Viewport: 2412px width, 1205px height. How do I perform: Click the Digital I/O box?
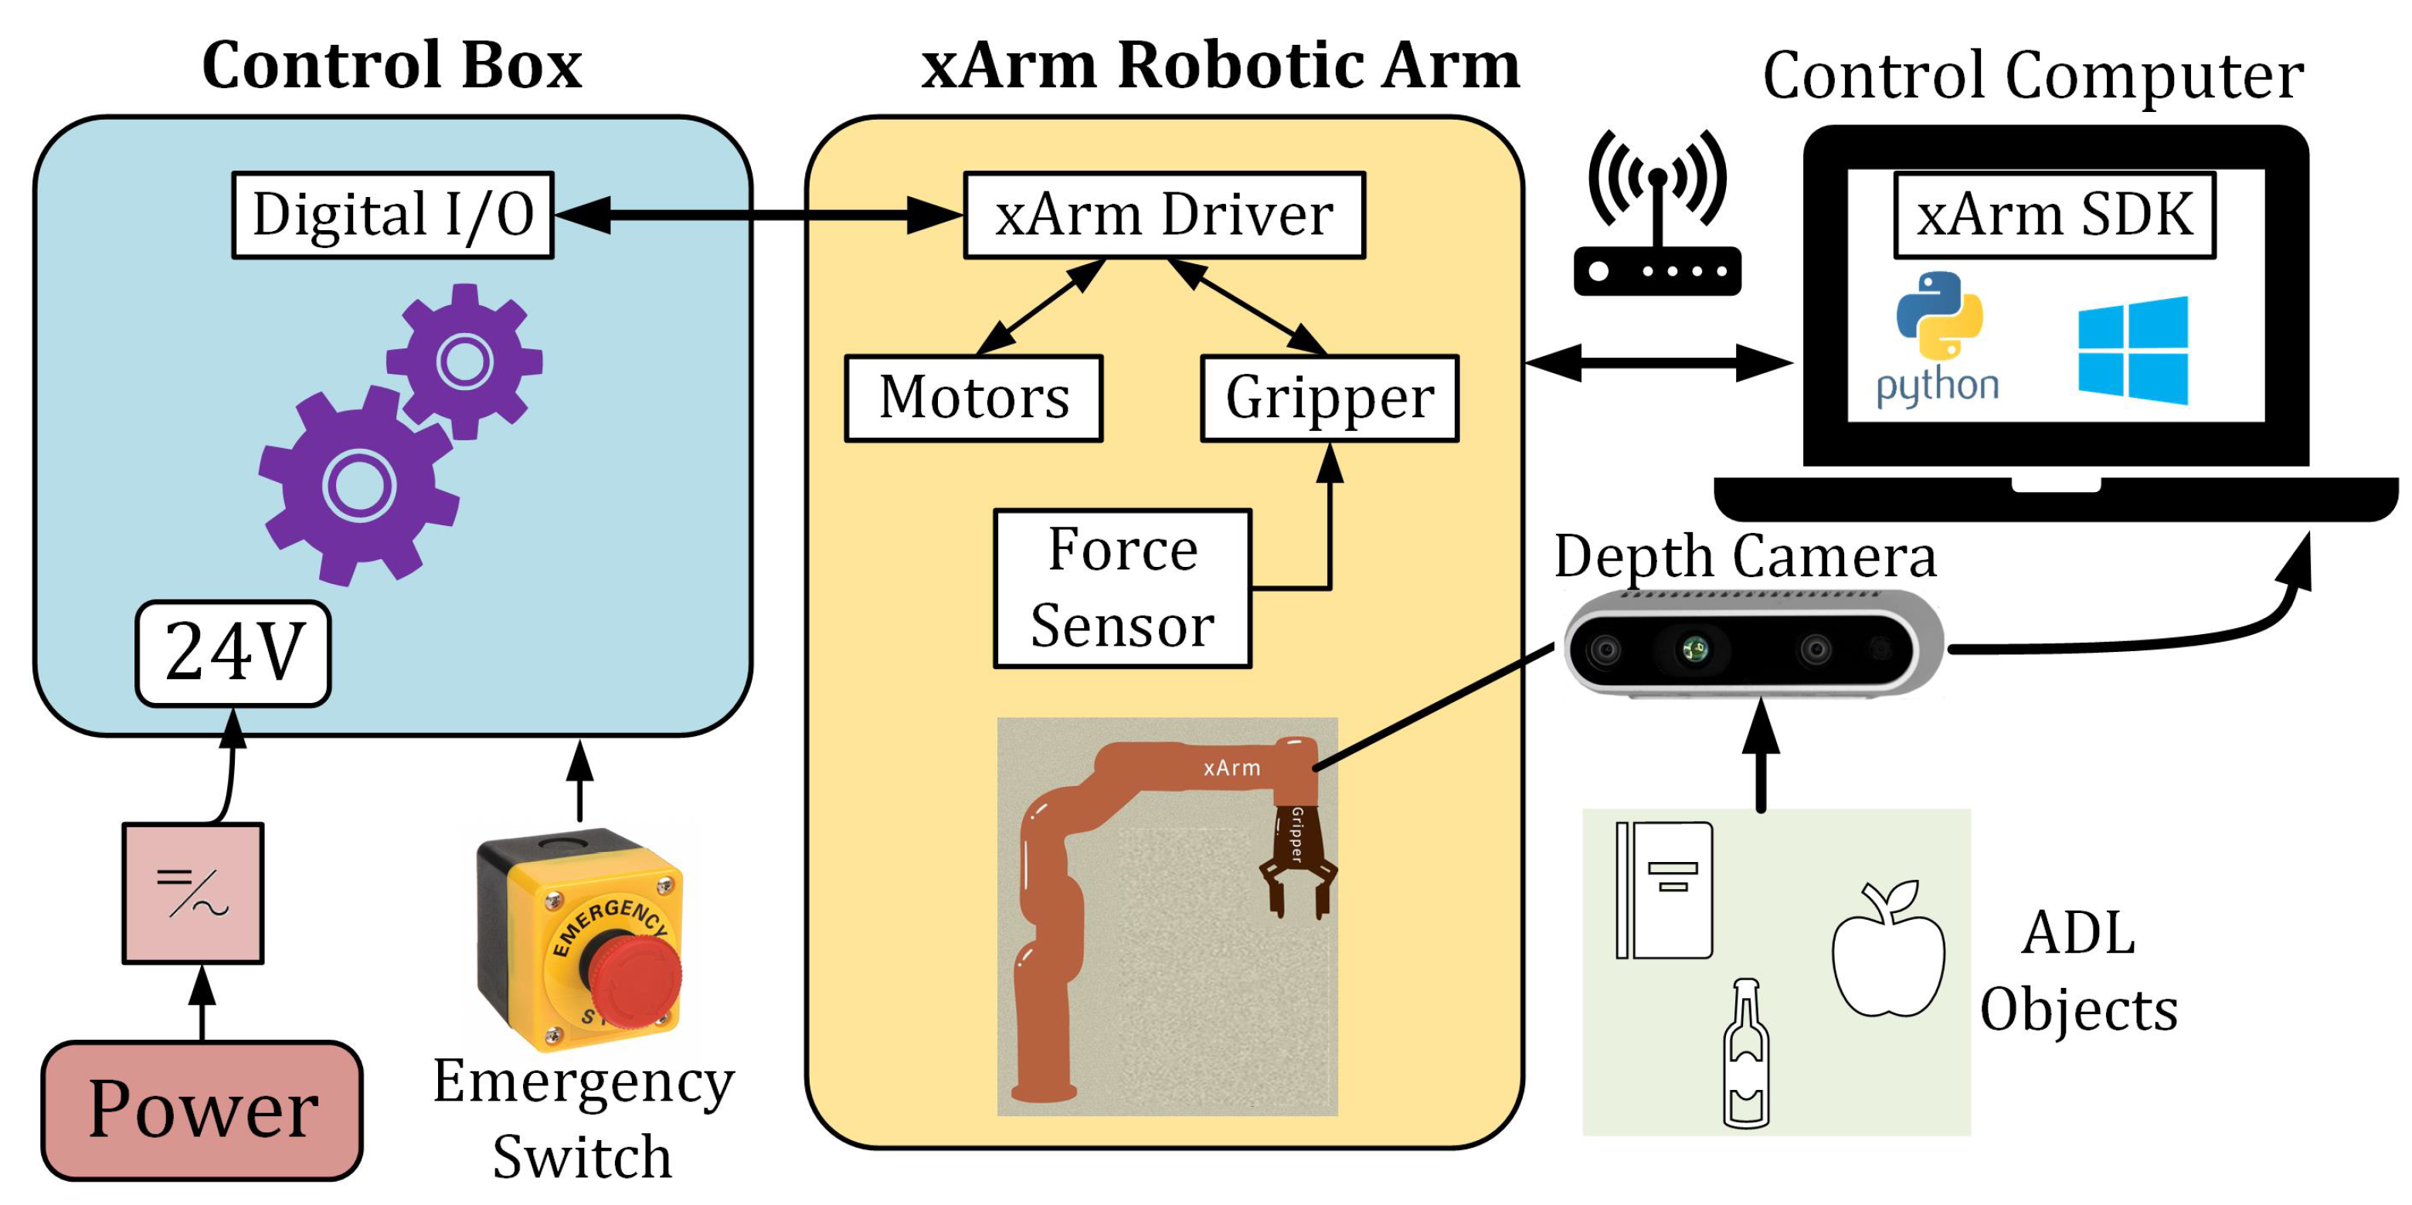coord(392,215)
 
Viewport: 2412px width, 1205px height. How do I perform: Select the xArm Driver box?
coord(1164,215)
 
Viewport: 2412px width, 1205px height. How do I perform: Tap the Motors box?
coord(973,398)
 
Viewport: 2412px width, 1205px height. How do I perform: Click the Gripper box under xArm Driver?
coord(1330,398)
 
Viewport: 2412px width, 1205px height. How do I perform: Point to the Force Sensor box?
coord(1122,588)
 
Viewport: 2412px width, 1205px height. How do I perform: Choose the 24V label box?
coord(233,653)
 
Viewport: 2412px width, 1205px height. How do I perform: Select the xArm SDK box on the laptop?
coord(2054,215)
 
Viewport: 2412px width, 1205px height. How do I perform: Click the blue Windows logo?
coord(2133,351)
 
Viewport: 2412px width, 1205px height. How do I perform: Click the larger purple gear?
coord(358,485)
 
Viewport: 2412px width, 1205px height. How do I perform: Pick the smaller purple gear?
coord(464,361)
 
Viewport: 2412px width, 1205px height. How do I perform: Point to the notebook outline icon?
coord(1664,890)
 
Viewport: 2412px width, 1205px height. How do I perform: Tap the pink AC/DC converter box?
coord(193,892)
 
